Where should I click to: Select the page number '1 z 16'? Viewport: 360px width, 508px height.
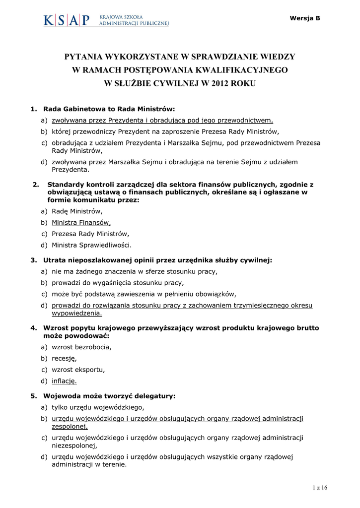[321, 488]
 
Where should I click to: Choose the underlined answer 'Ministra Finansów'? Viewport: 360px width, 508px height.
[81, 222]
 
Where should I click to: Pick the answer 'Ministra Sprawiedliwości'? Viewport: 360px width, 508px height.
[91, 245]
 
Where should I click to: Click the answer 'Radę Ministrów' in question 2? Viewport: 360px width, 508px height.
[77, 211]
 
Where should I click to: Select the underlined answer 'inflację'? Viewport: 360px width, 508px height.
[64, 381]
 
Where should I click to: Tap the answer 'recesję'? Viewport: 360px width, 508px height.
[64, 358]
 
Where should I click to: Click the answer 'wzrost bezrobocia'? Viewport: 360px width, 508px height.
[81, 347]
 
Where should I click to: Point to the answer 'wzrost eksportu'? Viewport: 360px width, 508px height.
[78, 370]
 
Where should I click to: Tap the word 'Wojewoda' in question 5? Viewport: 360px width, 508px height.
[61, 396]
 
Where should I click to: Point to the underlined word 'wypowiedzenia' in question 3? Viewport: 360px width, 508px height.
[76, 313]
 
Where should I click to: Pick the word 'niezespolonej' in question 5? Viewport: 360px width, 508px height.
[75, 445]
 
